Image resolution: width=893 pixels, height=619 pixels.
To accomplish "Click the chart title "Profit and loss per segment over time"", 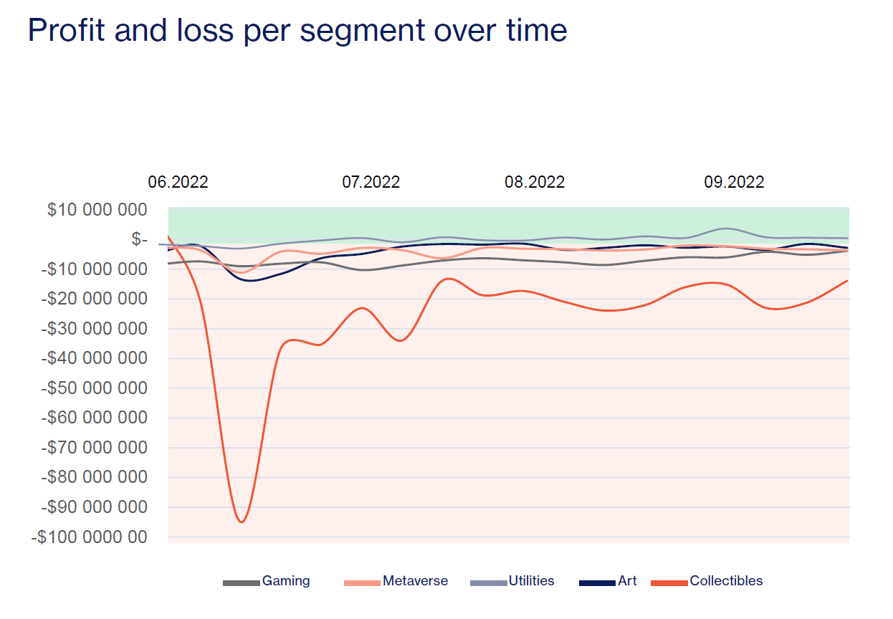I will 297,31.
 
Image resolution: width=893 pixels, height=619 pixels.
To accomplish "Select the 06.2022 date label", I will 178,182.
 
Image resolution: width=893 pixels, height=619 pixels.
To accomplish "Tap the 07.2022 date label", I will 371,182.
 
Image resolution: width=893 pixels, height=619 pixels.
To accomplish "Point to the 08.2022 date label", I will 535,182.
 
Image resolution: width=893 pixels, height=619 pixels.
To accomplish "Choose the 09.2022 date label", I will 734,182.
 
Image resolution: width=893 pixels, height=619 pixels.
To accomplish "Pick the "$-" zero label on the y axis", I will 139,239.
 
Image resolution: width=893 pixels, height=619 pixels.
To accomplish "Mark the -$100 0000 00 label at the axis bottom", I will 90,537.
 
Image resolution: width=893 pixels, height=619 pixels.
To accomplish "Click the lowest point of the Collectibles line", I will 242,522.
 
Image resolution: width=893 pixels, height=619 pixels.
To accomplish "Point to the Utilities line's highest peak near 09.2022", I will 727,229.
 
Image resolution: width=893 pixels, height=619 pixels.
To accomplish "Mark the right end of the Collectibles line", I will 848,280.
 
